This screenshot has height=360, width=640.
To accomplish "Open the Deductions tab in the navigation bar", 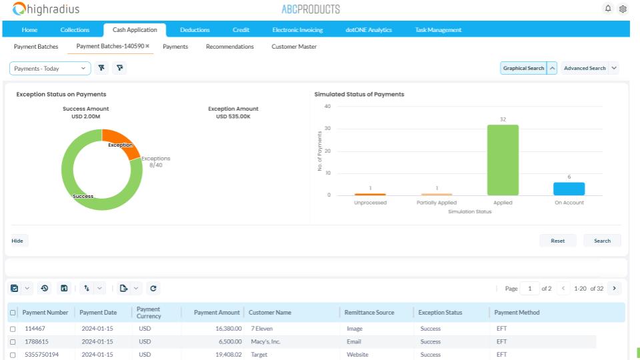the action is pyautogui.click(x=195, y=30).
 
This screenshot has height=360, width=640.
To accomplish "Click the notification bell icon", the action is pyautogui.click(x=608, y=9).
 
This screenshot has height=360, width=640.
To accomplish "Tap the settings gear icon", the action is pyautogui.click(x=623, y=9).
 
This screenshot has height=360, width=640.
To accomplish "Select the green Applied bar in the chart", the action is pyautogui.click(x=503, y=160).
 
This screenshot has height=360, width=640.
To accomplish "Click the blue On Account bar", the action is pyautogui.click(x=569, y=189).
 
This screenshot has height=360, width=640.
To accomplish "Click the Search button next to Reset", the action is pyautogui.click(x=602, y=241).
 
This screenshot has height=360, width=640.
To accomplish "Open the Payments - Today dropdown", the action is pyautogui.click(x=50, y=69).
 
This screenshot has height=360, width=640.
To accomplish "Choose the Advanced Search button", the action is pyautogui.click(x=585, y=68).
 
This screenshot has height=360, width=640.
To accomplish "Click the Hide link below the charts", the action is pyautogui.click(x=17, y=241).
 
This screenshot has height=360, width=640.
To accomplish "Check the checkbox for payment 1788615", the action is pyautogui.click(x=13, y=342).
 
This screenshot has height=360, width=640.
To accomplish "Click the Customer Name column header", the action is pyautogui.click(x=270, y=313).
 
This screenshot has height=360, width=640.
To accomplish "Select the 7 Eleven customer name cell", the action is pyautogui.click(x=261, y=329).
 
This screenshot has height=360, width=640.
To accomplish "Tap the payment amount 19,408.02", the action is pyautogui.click(x=229, y=355).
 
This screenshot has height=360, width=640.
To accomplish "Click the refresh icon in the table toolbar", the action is pyautogui.click(x=153, y=289).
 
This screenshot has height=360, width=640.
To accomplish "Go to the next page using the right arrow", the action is pyautogui.click(x=614, y=289).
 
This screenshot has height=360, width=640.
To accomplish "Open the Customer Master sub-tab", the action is pyautogui.click(x=294, y=47).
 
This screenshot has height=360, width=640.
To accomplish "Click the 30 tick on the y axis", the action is pyautogui.click(x=327, y=129).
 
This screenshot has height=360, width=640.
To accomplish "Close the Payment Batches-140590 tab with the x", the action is pyautogui.click(x=147, y=46).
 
